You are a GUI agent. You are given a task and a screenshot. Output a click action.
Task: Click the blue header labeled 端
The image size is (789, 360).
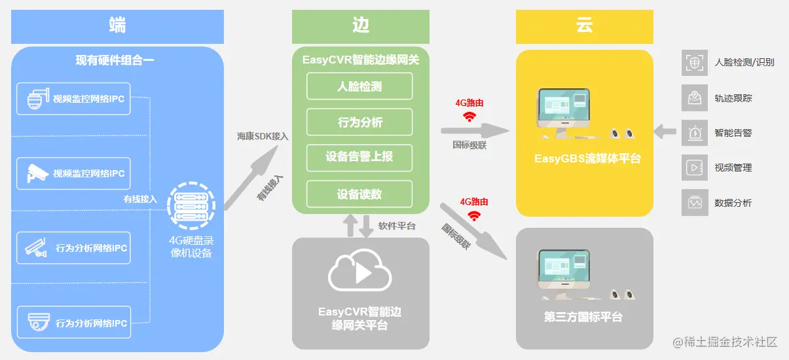coord(117,26)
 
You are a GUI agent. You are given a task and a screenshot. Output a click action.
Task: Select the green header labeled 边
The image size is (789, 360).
coord(361,26)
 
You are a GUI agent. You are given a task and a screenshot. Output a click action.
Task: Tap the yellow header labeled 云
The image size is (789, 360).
coord(584,26)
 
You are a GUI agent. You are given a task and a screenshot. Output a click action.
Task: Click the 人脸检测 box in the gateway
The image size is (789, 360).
coord(359,86)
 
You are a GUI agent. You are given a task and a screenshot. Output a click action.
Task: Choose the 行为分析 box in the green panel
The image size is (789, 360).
coord(359,122)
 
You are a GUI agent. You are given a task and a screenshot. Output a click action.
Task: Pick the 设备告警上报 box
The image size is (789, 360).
coord(359,158)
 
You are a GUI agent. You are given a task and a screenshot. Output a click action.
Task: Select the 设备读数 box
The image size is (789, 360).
coord(359,194)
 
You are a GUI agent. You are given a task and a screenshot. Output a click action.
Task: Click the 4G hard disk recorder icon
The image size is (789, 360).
coord(191,207)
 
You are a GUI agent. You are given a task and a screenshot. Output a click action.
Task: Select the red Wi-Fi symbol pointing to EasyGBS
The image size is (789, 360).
coord(469,117)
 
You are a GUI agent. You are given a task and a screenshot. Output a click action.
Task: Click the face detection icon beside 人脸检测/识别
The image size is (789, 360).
coord(694,62)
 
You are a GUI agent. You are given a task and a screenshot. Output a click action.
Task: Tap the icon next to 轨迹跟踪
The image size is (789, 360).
coord(694,98)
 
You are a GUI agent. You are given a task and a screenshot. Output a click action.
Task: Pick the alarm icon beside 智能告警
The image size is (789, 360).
coord(694,133)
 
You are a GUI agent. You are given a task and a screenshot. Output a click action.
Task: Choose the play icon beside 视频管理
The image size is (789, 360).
coord(694,168)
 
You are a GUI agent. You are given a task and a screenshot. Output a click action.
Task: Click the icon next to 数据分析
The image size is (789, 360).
coord(694,203)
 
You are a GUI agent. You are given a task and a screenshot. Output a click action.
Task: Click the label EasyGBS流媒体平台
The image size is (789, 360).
coord(587,158)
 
